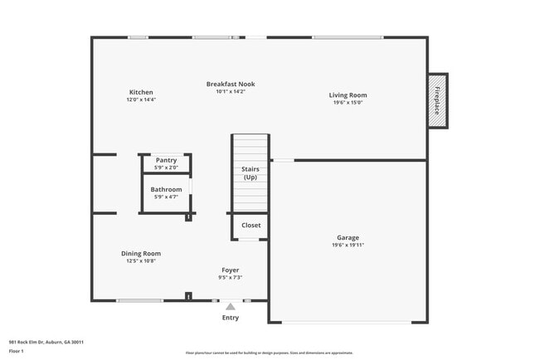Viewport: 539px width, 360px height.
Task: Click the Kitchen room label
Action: coord(141,92)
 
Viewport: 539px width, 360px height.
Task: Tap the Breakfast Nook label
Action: coord(231,84)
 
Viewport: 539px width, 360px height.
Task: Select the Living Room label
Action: coord(347,95)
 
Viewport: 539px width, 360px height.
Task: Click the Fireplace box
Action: coord(437,100)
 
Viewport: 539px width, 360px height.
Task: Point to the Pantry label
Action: coord(167,160)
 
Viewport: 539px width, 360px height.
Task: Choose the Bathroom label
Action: coord(166,190)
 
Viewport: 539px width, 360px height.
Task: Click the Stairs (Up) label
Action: coord(250,173)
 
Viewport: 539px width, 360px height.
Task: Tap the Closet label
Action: coord(250,225)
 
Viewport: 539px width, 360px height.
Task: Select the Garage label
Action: coord(347,237)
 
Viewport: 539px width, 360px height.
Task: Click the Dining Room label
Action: coord(141,254)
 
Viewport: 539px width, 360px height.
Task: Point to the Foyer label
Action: coord(230,270)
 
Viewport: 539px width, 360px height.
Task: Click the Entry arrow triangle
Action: coord(231,306)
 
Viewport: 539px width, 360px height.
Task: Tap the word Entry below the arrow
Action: coord(231,318)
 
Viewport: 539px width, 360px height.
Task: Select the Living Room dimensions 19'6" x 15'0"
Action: coord(347,103)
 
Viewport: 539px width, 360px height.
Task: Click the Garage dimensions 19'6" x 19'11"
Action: coord(347,245)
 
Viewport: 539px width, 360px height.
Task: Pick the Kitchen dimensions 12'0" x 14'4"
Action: coord(141,100)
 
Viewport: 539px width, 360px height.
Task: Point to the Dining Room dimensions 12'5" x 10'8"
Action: coord(141,261)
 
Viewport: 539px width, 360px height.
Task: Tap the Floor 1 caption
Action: coord(17,351)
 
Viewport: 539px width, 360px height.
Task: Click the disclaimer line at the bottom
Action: coord(269,353)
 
